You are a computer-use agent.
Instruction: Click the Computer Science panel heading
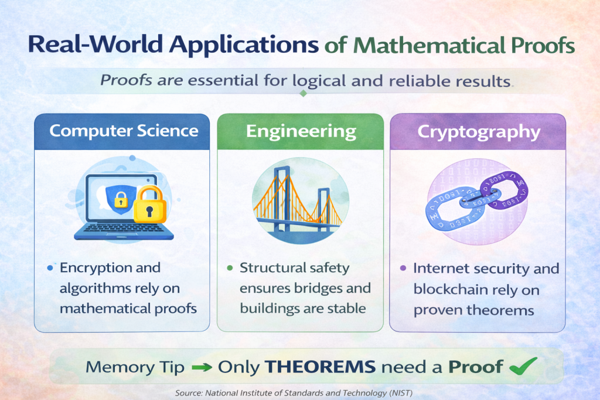[x=124, y=131]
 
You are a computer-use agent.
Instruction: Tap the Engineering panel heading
[x=301, y=132]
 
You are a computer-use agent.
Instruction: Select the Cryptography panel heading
[x=479, y=132]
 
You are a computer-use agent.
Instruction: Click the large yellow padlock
[x=150, y=204]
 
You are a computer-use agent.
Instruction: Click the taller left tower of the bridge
[x=282, y=199]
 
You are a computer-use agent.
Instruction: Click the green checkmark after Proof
[x=523, y=366]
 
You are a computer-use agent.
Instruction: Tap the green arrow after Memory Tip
[x=202, y=367]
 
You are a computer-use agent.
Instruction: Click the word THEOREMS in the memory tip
[x=320, y=367]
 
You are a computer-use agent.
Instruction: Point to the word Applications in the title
[x=244, y=44]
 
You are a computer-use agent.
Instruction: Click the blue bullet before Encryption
[x=50, y=268]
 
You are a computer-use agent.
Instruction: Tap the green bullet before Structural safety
[x=230, y=268]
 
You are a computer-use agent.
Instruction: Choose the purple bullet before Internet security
[x=403, y=268]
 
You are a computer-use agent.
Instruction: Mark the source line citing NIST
[x=294, y=393]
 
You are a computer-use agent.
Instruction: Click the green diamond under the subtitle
[x=303, y=93]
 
